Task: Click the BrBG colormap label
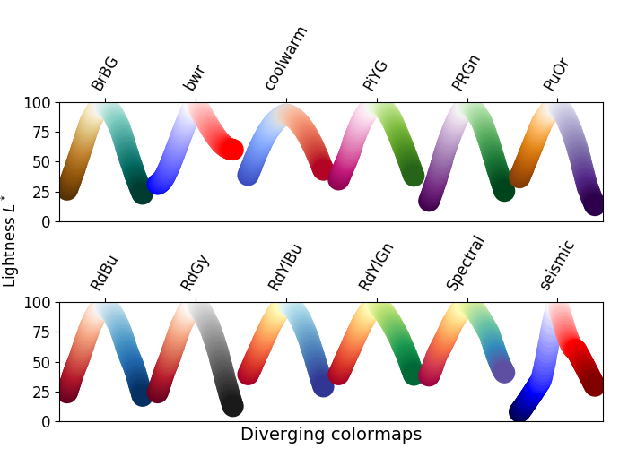[105, 73]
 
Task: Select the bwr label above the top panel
[195, 77]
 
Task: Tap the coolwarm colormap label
[286, 58]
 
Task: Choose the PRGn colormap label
[467, 73]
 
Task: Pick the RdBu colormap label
[105, 272]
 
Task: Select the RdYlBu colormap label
[285, 267]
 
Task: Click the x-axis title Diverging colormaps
[331, 435]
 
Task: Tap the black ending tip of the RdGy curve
[232, 406]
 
